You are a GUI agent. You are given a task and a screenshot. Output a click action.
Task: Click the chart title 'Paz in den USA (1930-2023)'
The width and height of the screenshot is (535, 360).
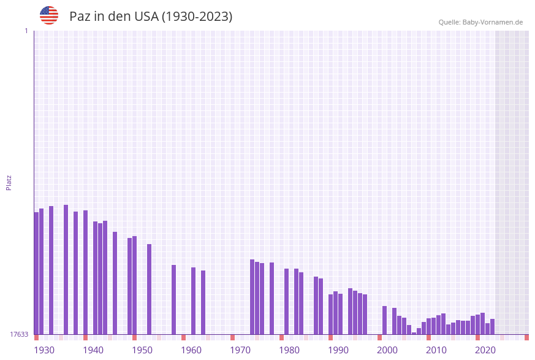151,17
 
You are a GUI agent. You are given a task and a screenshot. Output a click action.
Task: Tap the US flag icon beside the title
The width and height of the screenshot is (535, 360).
49,15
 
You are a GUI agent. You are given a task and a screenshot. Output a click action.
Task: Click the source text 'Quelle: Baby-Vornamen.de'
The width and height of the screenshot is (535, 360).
480,22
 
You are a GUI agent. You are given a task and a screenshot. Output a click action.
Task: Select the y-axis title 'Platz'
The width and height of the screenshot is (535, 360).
9,182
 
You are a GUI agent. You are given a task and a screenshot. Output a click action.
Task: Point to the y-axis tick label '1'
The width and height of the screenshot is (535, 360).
26,31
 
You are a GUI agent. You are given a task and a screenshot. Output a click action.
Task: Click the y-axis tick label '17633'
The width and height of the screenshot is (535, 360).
19,334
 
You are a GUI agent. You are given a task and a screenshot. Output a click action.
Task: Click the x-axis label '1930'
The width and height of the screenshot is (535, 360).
44,350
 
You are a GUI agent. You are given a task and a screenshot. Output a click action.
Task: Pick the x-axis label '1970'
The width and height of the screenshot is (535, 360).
240,350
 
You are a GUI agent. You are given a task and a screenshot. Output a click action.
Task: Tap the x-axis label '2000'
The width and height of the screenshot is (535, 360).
387,350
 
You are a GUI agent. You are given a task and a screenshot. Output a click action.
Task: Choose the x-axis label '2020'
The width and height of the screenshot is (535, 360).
485,350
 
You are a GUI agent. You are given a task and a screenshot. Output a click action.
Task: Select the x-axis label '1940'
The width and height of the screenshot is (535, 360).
93,350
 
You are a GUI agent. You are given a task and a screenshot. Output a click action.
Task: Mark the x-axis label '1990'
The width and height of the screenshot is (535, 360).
338,350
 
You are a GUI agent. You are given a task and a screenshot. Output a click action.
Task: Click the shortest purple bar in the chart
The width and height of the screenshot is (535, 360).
414,333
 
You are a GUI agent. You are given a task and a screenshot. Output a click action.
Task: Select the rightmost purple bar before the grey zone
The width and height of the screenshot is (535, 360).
492,326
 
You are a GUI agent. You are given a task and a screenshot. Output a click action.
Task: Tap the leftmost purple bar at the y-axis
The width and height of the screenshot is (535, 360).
36,273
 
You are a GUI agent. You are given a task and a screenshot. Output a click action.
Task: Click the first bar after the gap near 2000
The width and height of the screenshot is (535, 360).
384,320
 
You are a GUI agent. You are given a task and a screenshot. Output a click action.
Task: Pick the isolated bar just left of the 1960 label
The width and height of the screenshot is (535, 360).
173,299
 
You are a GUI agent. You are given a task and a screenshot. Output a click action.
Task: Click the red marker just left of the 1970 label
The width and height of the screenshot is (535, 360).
232,337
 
